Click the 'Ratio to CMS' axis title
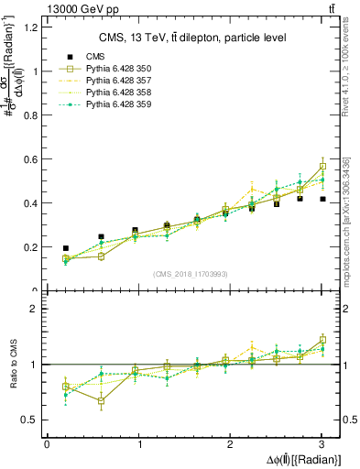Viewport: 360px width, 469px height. tap(13, 364)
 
